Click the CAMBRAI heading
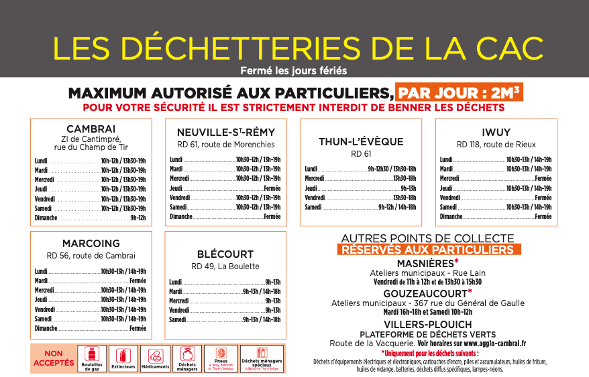(x=91, y=129)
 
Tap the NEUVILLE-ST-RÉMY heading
(x=225, y=132)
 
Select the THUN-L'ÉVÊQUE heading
(x=361, y=141)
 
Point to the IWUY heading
(x=496, y=132)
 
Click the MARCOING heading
(x=91, y=243)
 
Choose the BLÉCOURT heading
(x=225, y=254)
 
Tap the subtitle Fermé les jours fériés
(x=294, y=70)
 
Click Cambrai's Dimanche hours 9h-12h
(x=138, y=218)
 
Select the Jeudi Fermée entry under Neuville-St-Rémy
(x=272, y=188)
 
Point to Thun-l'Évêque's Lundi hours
(x=392, y=169)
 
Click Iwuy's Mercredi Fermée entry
(x=543, y=178)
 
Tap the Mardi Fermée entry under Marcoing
(x=138, y=281)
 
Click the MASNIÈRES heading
(x=427, y=263)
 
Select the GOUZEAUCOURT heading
(x=427, y=293)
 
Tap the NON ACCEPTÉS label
(x=54, y=358)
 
